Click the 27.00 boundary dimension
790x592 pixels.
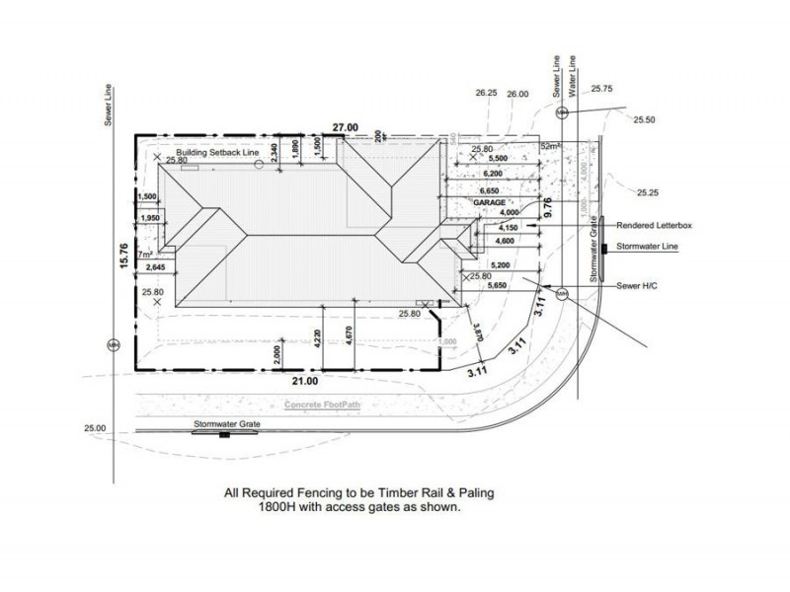344,128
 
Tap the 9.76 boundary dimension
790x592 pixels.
549,207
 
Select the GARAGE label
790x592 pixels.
489,201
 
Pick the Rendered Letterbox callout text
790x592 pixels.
654,225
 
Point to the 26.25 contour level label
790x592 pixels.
485,93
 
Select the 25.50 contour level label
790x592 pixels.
645,119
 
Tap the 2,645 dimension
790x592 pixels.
155,267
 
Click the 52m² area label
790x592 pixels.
551,146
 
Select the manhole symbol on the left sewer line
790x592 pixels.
112,344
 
